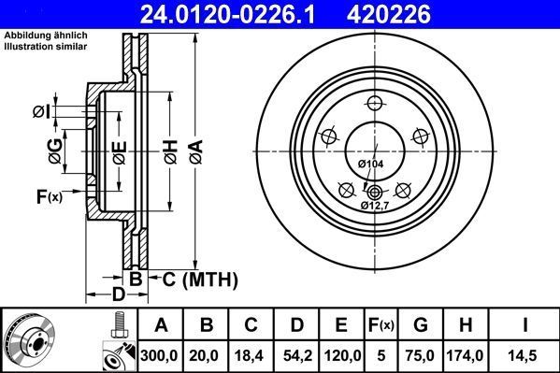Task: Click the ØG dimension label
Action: point(55,149)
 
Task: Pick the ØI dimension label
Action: point(40,112)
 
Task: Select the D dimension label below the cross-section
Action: point(118,296)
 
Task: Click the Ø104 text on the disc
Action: point(370,164)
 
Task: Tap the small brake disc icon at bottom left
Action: point(27,340)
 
